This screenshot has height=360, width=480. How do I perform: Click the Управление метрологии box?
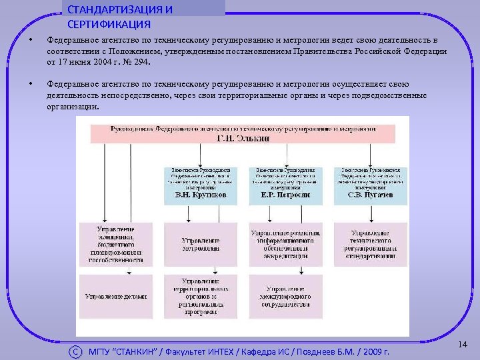click(201, 243)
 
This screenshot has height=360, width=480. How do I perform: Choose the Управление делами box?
click(115, 296)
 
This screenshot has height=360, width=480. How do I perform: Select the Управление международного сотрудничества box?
click(286, 296)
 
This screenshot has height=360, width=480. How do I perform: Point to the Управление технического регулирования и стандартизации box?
click(370, 243)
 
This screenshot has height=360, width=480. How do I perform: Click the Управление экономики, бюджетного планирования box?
click(115, 243)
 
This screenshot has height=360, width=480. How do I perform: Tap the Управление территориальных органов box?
click(201, 296)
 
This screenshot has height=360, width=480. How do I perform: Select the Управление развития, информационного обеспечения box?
click(286, 243)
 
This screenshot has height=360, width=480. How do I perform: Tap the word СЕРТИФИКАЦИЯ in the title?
click(109, 24)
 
